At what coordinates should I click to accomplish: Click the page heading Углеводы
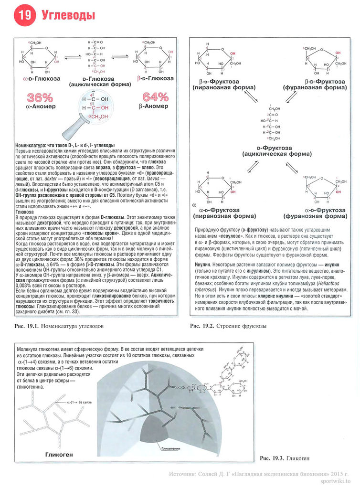(68, 15)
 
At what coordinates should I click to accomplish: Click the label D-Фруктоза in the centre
(271, 149)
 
